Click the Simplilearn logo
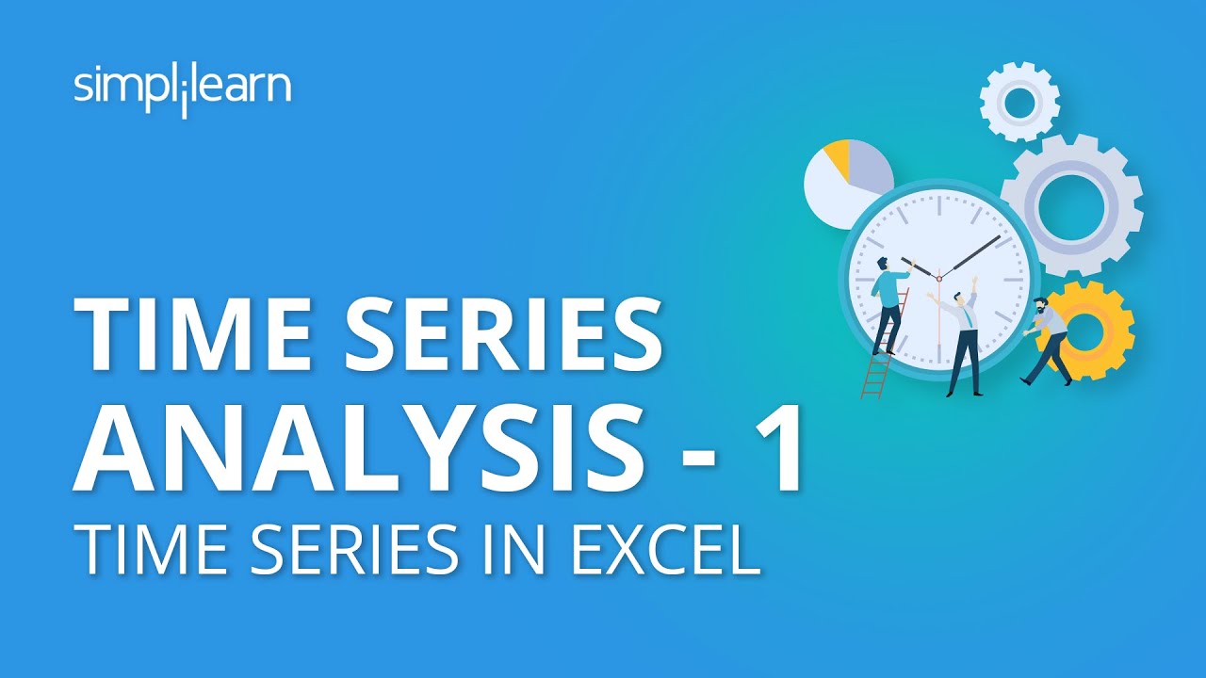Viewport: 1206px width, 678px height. [x=182, y=89]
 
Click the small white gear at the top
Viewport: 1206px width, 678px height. [x=1019, y=103]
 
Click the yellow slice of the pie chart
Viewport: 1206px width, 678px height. [x=838, y=160]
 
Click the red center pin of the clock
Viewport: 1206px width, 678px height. [x=938, y=275]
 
